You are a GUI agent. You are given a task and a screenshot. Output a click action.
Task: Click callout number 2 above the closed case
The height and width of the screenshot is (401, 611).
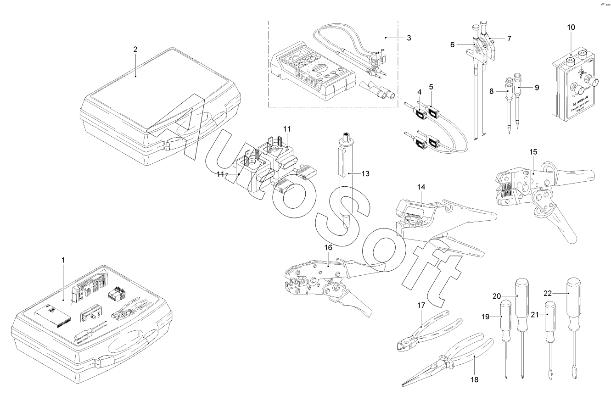click(135, 50)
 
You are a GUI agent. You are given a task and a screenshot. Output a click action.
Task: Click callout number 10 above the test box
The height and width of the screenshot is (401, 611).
click(571, 28)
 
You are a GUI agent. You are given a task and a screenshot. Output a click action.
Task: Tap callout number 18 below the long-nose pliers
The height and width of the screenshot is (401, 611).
click(474, 379)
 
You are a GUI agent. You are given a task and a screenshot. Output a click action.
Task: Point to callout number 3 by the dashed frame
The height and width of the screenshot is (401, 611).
click(409, 37)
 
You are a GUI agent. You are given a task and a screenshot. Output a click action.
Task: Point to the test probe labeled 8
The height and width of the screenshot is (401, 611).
click(509, 101)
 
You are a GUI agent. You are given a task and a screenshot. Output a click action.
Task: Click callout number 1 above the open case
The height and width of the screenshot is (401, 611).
click(63, 260)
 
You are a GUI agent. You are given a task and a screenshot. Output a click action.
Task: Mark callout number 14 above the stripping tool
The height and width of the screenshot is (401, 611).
click(421, 187)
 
